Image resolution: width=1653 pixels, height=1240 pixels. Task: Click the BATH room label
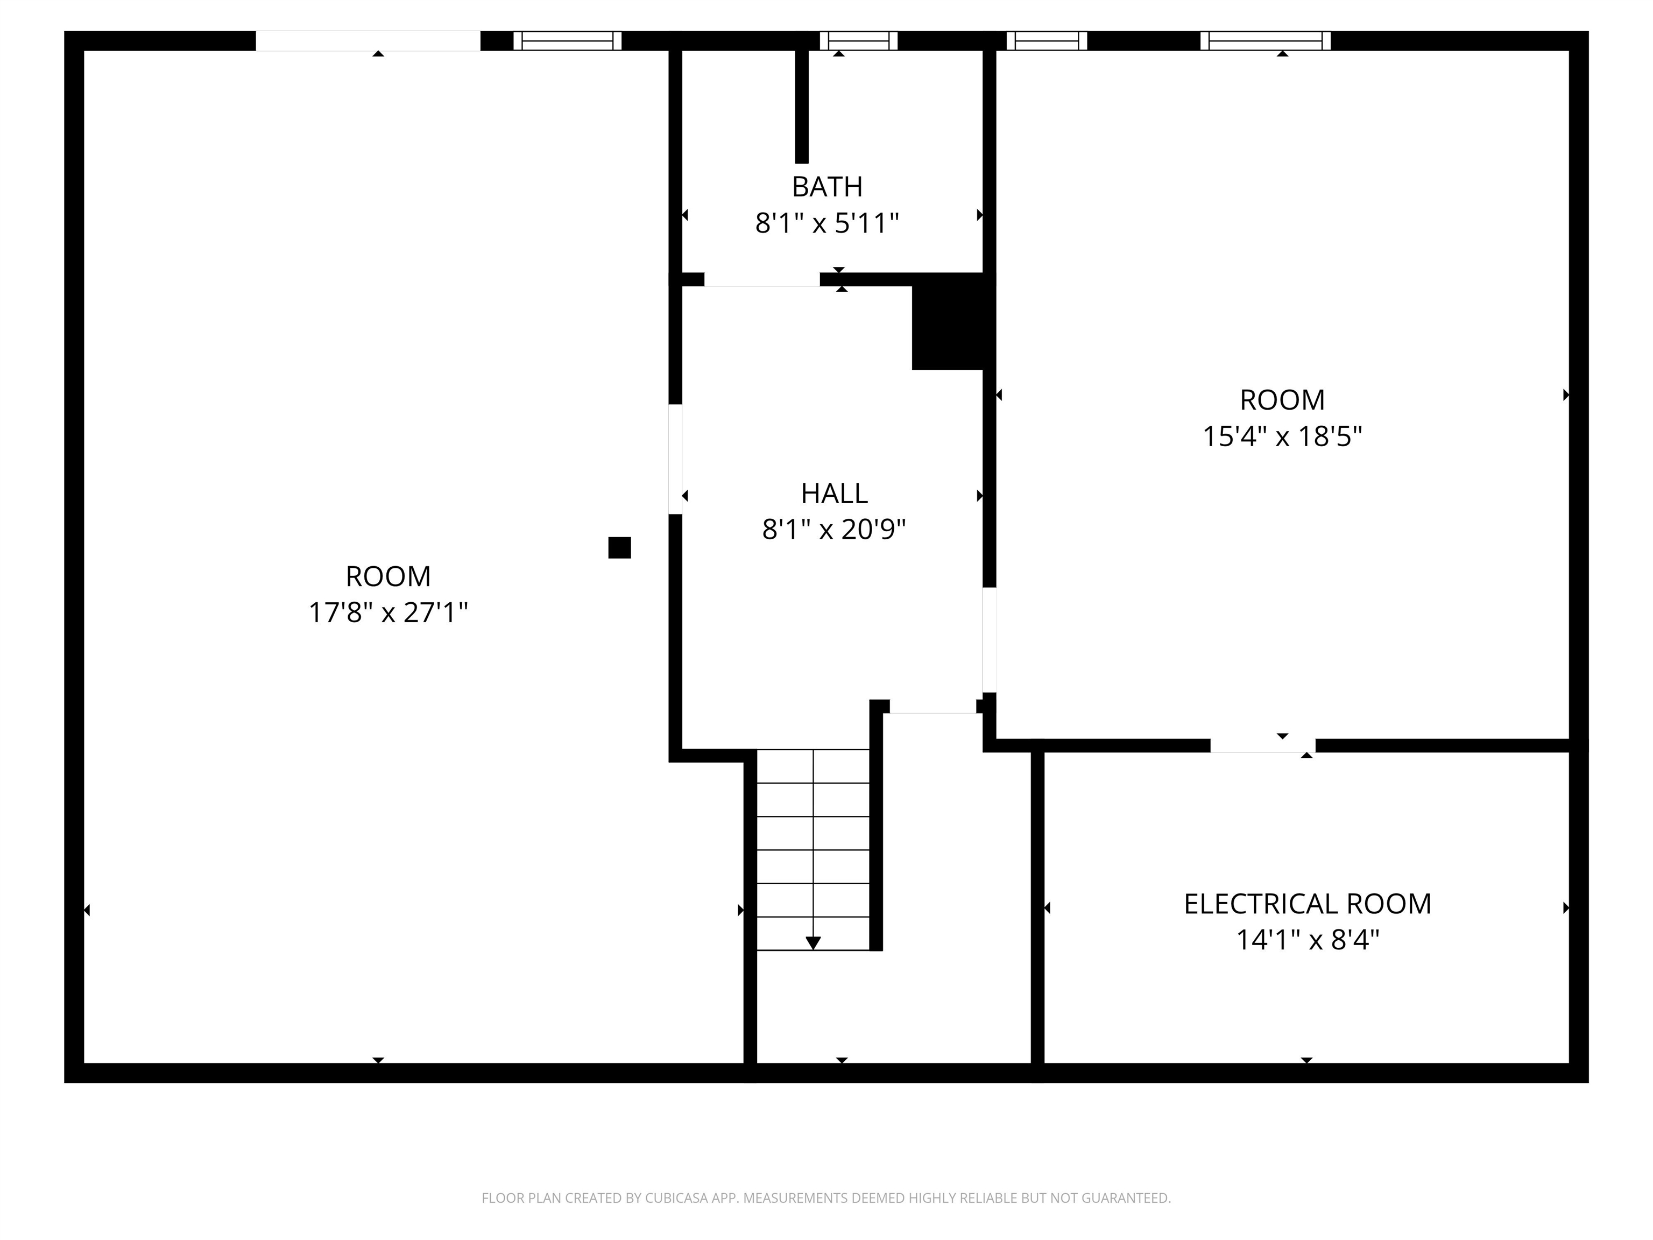826,186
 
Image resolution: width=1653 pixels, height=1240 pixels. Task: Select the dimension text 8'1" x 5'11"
826,223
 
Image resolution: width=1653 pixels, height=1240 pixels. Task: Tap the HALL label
834,494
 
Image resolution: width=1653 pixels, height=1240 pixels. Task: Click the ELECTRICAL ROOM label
1307,904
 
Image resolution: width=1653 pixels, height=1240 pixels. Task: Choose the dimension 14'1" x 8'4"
1307,940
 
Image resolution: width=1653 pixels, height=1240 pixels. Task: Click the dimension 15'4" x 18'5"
1282,436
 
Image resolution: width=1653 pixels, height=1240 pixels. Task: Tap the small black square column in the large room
619,548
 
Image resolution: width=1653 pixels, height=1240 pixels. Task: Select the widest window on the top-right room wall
1265,40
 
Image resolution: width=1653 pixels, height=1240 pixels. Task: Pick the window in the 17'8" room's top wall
567,40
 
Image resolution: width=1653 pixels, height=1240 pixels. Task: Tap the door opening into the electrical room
1262,745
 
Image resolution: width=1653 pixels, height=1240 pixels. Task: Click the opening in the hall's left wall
675,459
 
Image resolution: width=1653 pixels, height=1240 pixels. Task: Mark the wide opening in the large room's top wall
368,40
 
